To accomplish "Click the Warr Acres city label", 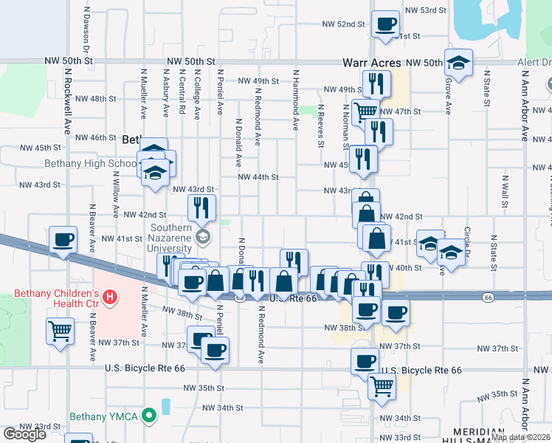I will point(372,63).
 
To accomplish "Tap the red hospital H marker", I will point(109,298).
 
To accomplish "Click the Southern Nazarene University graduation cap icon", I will point(202,238).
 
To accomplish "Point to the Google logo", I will point(24,434).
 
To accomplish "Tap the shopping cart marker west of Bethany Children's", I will point(60,330).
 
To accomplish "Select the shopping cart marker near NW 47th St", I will point(365,112).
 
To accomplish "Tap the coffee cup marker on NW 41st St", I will point(63,240).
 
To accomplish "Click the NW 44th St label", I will point(258,177).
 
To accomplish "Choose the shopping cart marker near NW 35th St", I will point(381,385).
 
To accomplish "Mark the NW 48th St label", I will point(102,98).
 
